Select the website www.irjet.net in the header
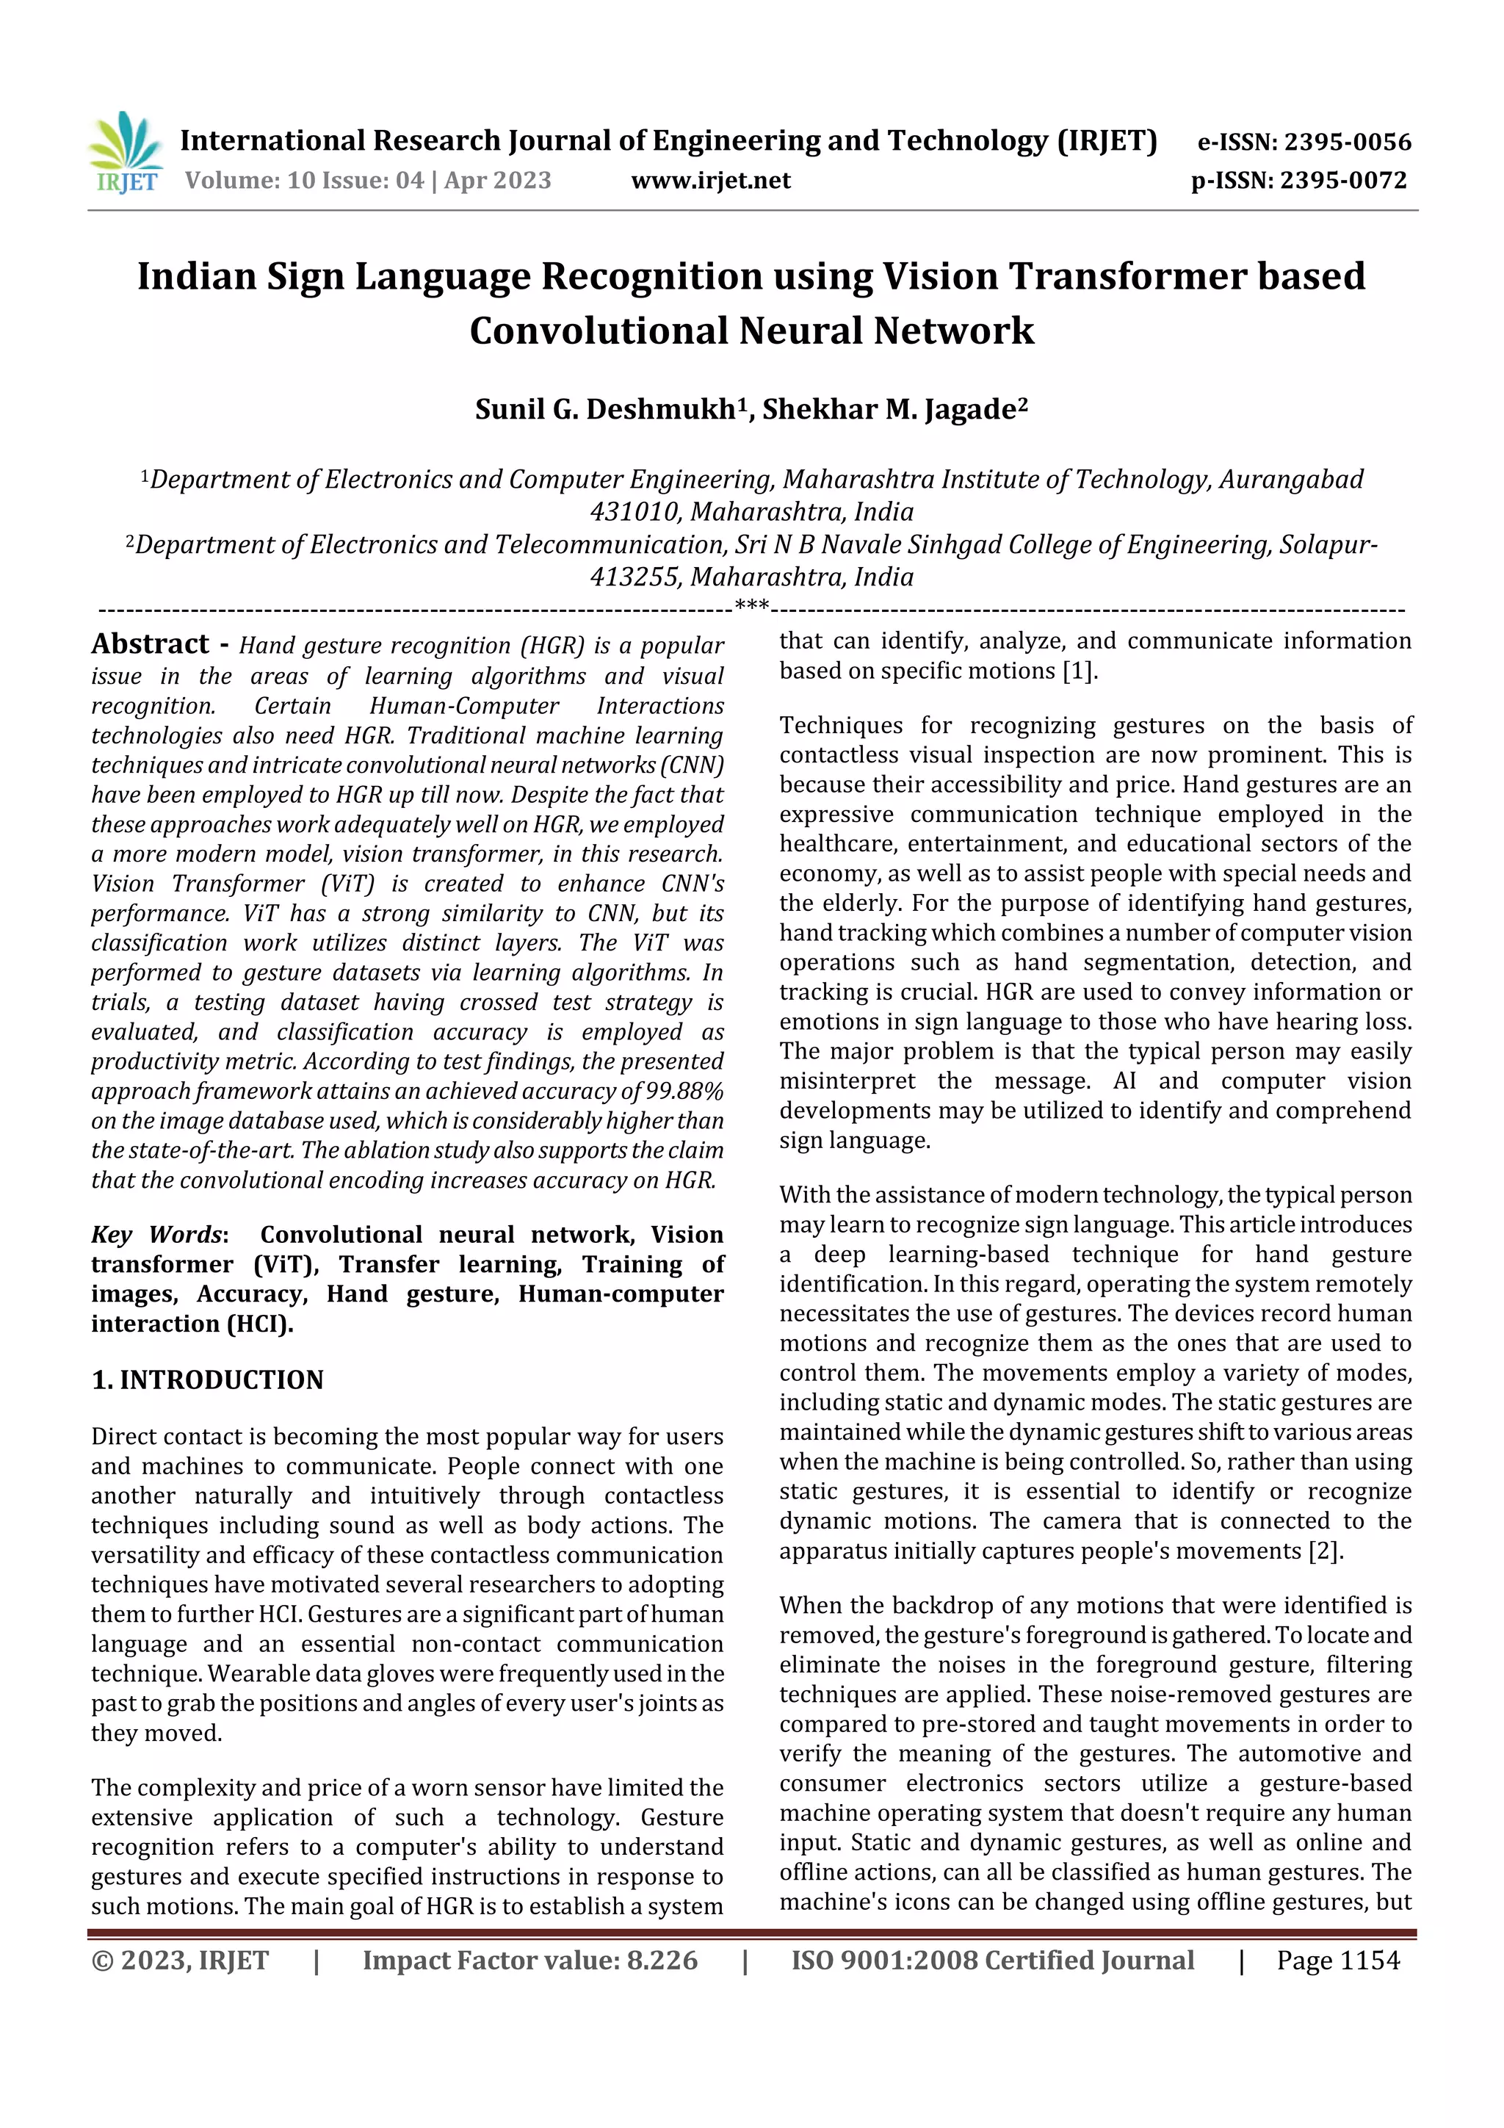point(711,181)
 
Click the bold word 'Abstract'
point(150,644)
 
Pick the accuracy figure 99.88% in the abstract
point(685,1091)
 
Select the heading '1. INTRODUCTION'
point(208,1380)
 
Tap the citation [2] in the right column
point(1324,1551)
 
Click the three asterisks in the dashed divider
point(751,606)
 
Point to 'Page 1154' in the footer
point(1337,1961)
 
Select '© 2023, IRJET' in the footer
point(180,1961)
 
